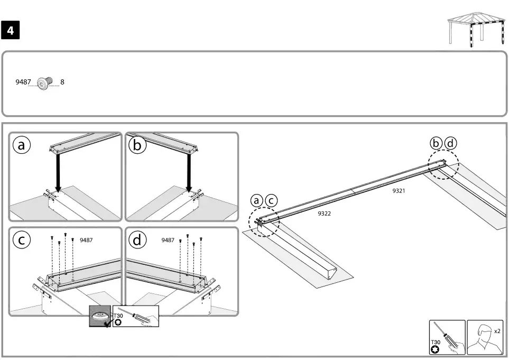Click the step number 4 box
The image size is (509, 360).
11,31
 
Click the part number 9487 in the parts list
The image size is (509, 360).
23,82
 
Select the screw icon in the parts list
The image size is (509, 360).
47,82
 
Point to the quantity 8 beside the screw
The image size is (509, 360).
62,82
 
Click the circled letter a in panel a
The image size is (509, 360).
21,146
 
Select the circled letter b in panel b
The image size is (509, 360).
137,146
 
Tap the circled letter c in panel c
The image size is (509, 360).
21,241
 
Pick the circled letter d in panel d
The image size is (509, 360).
137,241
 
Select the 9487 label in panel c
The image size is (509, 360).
86,240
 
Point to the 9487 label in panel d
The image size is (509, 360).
168,240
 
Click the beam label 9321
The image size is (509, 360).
399,191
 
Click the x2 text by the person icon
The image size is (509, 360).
497,331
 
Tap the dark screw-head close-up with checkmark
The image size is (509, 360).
99,316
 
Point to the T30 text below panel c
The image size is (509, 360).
118,316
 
